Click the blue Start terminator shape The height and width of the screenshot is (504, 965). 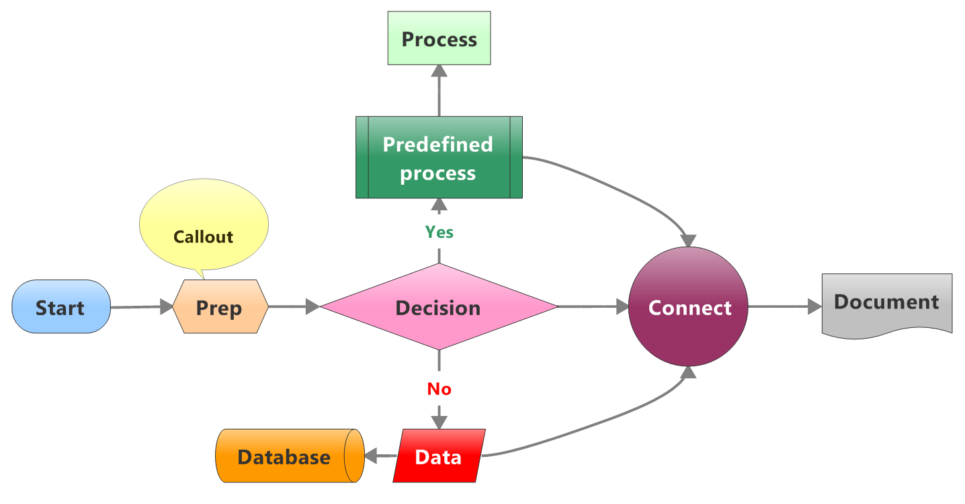point(61,307)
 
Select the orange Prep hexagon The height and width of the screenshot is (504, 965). point(220,307)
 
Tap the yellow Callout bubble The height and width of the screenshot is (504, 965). point(203,228)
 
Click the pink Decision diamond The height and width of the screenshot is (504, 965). point(438,307)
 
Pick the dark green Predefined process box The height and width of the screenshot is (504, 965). point(438,158)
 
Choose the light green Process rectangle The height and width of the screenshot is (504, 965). point(439,40)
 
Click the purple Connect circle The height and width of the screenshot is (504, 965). point(689,307)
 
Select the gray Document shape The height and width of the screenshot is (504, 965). point(886,303)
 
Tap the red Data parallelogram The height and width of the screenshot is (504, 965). point(438,456)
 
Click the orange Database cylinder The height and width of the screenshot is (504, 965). point(284,456)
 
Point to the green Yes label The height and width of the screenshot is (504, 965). point(439,232)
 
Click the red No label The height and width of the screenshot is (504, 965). point(439,389)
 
